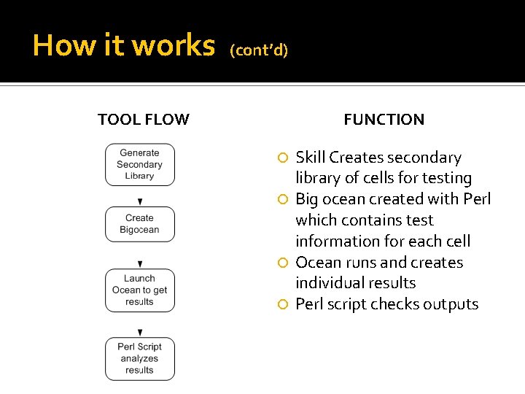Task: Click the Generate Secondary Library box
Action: click(x=139, y=165)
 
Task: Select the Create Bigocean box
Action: click(x=139, y=224)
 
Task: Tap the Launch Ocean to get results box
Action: click(x=139, y=290)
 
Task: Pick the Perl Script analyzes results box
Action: click(x=139, y=358)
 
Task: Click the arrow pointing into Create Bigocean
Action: click(x=140, y=200)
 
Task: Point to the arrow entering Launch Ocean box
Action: click(x=140, y=263)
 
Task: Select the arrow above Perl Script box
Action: click(x=140, y=332)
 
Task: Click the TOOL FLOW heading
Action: click(x=144, y=120)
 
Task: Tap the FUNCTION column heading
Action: click(x=384, y=120)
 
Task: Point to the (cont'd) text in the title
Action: click(x=259, y=50)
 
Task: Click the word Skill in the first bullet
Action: click(x=311, y=158)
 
